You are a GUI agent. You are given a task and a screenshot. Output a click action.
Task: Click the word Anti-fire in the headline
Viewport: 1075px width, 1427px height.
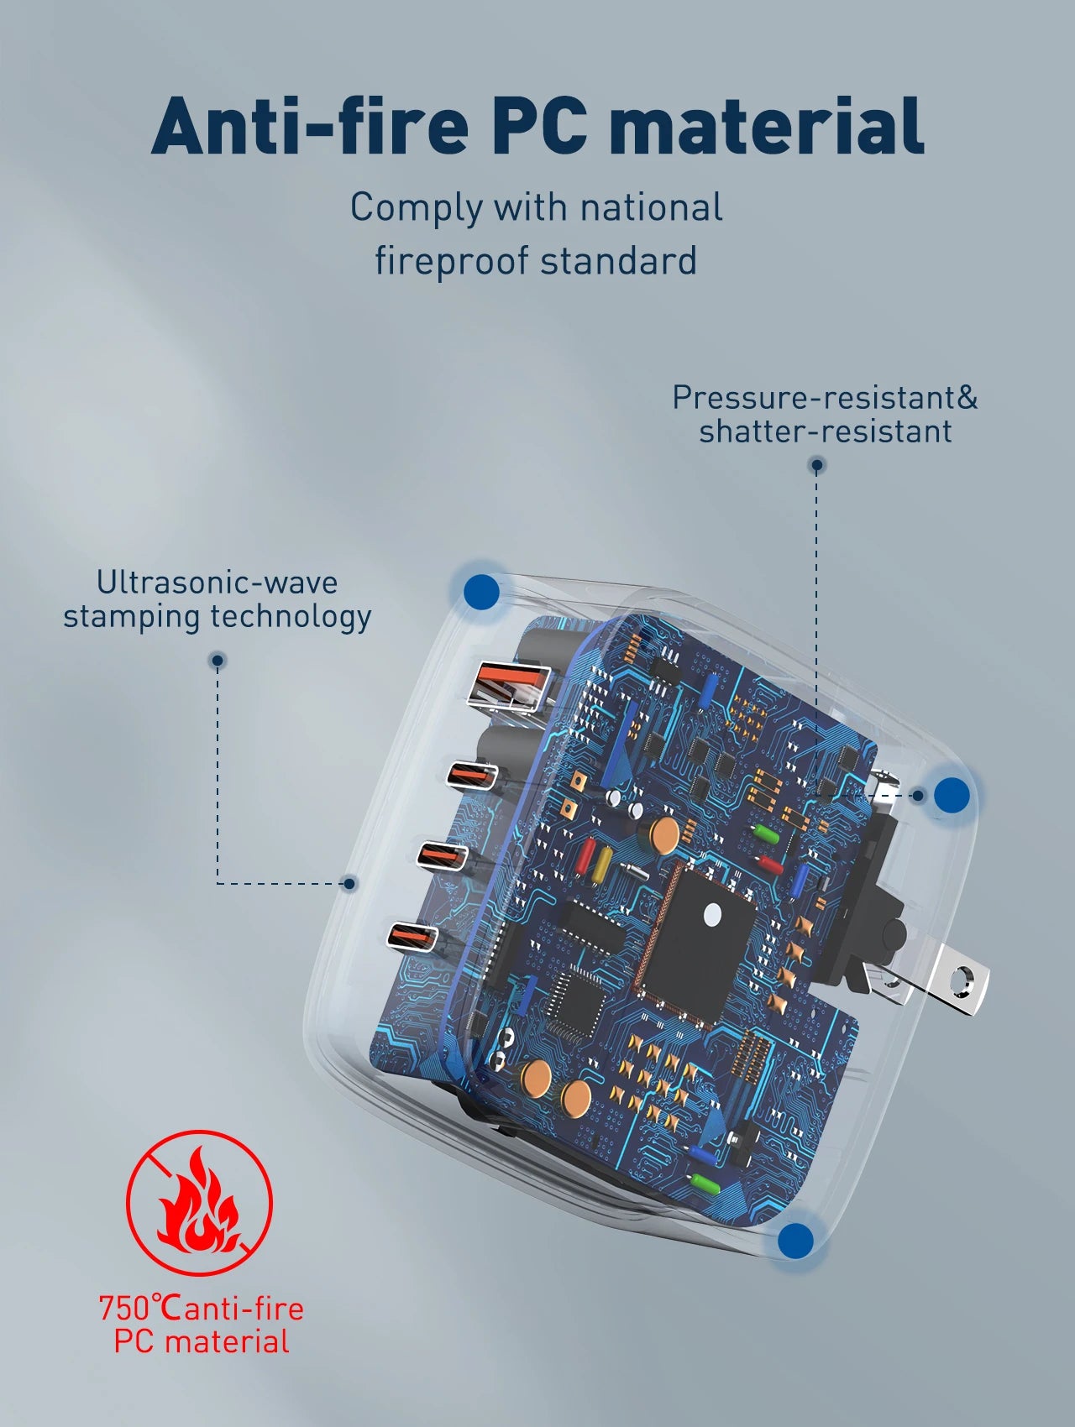(x=311, y=125)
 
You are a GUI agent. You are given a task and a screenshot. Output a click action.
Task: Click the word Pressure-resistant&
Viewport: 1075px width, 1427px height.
(x=826, y=397)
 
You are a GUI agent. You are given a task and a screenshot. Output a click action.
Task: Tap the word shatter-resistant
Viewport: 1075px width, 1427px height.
(x=826, y=431)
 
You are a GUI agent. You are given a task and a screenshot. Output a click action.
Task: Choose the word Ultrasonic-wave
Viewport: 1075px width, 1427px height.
(x=217, y=582)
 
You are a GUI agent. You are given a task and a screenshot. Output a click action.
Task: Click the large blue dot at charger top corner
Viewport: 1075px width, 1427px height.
(x=481, y=592)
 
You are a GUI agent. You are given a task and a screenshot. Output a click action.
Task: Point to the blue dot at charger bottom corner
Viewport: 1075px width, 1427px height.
(x=796, y=1241)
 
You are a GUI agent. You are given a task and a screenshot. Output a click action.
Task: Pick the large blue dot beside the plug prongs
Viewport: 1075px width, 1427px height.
(x=952, y=795)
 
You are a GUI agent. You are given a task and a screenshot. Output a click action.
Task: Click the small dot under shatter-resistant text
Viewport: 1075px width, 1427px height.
(x=816, y=464)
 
